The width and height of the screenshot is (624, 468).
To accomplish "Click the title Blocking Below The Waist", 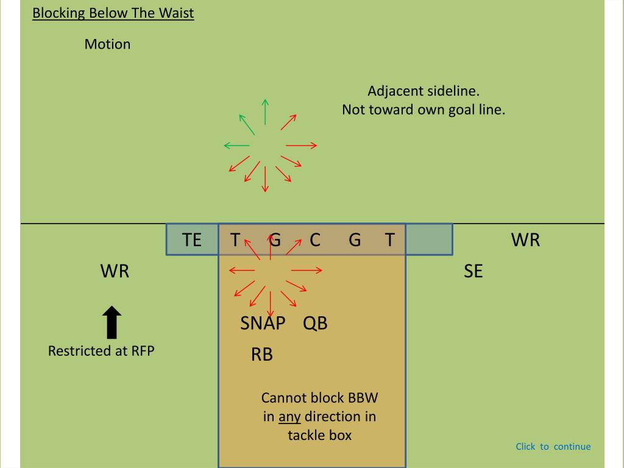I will (113, 13).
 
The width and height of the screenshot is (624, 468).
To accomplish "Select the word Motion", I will (107, 44).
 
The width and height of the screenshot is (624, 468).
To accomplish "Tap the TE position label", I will (192, 239).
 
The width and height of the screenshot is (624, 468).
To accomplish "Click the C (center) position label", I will (315, 239).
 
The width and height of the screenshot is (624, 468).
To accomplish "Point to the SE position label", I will (473, 271).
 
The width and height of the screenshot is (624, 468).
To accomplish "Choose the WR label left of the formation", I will (115, 271).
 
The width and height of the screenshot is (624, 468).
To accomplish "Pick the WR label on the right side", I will (525, 239).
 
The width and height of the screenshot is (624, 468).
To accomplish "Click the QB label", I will (315, 323).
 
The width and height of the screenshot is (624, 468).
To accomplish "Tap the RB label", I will (262, 354).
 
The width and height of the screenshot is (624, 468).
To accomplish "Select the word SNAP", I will (263, 323).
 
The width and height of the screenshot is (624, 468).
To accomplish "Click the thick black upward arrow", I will (112, 322).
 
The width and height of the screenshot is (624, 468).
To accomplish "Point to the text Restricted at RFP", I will (101, 351).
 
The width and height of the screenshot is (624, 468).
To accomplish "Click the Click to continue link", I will (553, 447).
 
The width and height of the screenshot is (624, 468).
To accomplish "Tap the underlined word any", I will (289, 417).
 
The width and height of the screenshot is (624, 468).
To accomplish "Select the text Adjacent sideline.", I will (424, 91).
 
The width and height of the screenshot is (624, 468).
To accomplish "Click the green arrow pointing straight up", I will (265, 111).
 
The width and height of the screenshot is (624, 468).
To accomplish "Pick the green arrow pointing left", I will (236, 145).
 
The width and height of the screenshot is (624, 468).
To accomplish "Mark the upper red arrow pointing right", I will (302, 145).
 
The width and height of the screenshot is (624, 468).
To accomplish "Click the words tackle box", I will (319, 435).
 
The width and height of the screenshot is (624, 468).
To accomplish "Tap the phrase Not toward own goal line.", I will (424, 110).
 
